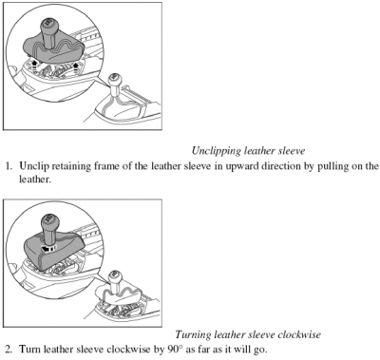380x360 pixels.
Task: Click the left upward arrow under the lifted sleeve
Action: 34,65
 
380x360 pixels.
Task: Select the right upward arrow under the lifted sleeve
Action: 76,66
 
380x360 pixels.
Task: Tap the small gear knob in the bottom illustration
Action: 114,276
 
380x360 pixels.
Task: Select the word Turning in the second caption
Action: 193,334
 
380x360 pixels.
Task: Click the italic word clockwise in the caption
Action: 298,334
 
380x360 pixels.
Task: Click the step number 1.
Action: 9,166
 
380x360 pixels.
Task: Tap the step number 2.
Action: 9,350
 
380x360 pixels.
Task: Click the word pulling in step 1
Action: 332,166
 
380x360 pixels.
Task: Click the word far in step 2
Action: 201,350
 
